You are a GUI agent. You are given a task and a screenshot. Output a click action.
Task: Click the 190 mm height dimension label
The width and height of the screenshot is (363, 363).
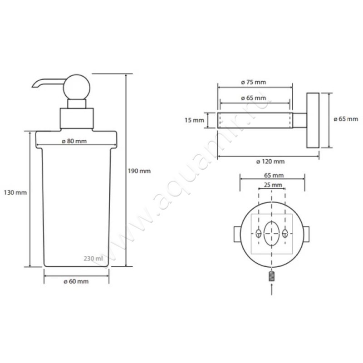(139, 171)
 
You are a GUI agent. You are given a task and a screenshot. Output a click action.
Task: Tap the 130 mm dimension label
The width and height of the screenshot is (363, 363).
(15, 192)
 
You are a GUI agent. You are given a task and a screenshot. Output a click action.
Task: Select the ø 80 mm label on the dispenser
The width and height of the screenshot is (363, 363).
(74, 141)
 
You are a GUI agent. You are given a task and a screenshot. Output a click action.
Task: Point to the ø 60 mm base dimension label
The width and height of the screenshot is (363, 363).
(76, 281)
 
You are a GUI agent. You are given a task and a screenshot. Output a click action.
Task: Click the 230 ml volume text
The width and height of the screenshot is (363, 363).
(93, 258)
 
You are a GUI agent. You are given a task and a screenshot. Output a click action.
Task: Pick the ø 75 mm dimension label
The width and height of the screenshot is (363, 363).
(254, 82)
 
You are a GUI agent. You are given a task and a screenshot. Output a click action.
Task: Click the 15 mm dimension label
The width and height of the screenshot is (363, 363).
(195, 120)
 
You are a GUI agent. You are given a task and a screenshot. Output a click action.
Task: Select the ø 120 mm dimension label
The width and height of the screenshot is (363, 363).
(270, 162)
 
